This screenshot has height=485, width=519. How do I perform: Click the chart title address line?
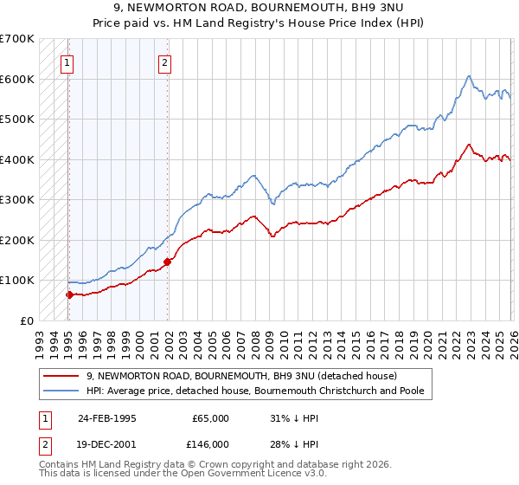point(259,8)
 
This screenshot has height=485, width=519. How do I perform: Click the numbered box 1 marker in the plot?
point(67,61)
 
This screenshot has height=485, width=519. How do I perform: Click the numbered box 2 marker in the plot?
point(164,61)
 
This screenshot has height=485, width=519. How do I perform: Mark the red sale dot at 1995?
point(69,294)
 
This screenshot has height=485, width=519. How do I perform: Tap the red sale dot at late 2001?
point(167,262)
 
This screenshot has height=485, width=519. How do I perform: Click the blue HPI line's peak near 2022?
point(467,76)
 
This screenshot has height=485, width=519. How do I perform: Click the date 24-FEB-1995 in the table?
point(107,418)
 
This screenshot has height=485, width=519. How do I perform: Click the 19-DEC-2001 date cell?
point(107,443)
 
